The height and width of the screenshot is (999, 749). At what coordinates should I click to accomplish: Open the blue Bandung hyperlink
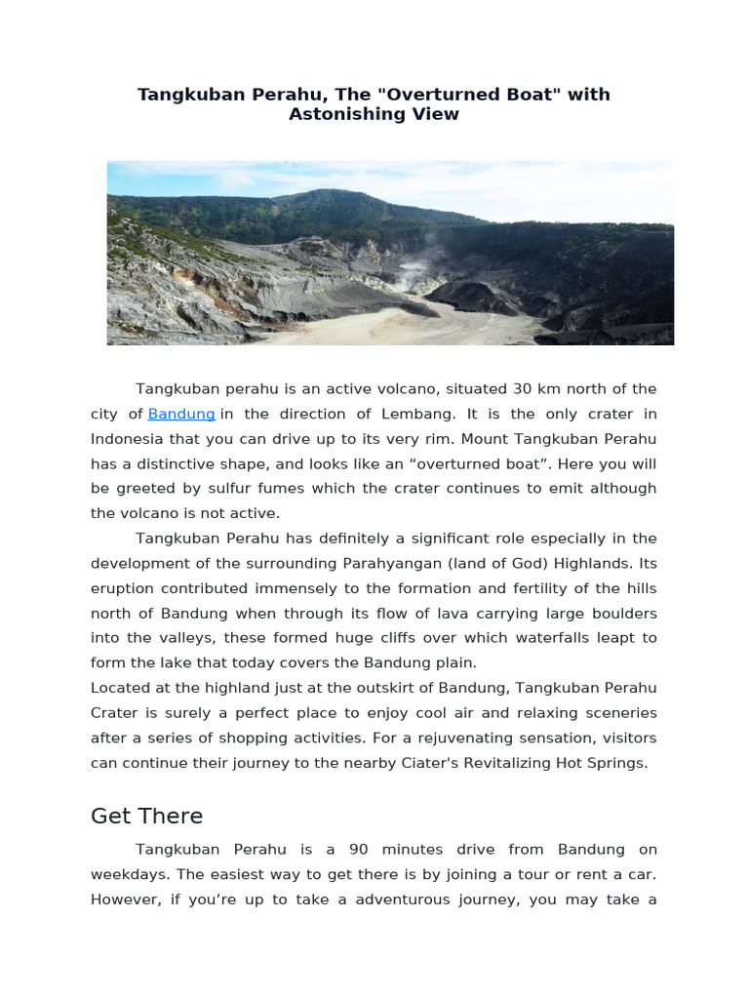[x=181, y=414]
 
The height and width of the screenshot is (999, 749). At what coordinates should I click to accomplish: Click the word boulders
[x=618, y=613]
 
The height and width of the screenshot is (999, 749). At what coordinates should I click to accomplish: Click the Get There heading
[x=146, y=816]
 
